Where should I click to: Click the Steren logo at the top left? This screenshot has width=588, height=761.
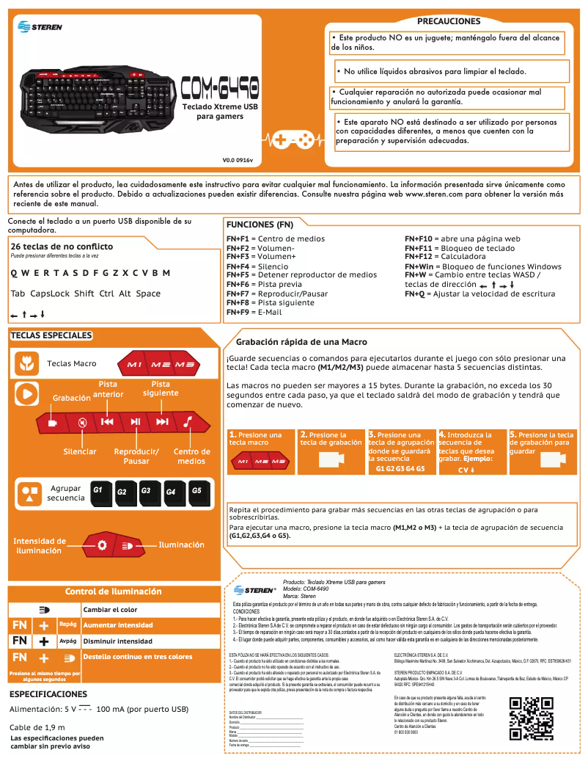40,26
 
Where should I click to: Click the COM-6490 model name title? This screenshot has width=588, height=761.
219,88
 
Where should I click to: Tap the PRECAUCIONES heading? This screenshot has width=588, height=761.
449,21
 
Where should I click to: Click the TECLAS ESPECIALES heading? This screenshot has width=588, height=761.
51,335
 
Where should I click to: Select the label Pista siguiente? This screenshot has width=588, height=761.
161,388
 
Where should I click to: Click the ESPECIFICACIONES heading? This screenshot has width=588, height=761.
48,693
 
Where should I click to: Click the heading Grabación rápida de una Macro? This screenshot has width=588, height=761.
301,342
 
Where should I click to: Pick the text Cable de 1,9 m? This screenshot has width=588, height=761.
37,727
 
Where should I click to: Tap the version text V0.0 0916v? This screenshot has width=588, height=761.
237,159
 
